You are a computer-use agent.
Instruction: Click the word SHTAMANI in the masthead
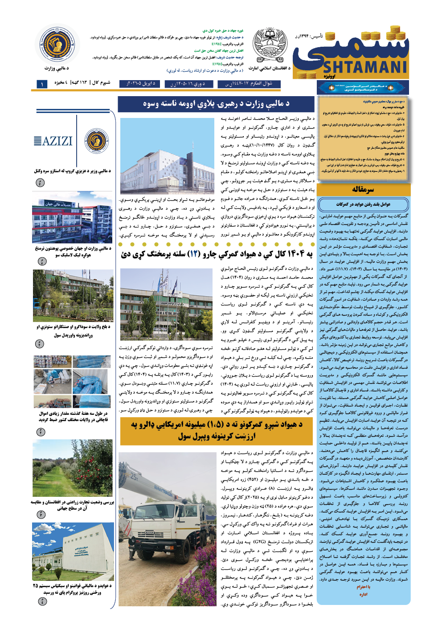click(x=365, y=67)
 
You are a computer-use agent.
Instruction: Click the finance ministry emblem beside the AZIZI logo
click(x=97, y=141)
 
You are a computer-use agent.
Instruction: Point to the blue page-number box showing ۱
click(x=42, y=84)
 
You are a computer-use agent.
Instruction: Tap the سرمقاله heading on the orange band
click(x=363, y=190)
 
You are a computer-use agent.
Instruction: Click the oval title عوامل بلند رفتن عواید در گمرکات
click(x=363, y=204)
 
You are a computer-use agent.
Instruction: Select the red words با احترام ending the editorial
click(x=363, y=587)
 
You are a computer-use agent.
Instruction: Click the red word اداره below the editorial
click(x=363, y=594)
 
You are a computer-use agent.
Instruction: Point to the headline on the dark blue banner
click(x=217, y=104)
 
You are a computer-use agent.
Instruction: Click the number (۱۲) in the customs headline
click(x=195, y=254)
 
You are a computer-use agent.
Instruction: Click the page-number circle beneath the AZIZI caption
click(x=40, y=183)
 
